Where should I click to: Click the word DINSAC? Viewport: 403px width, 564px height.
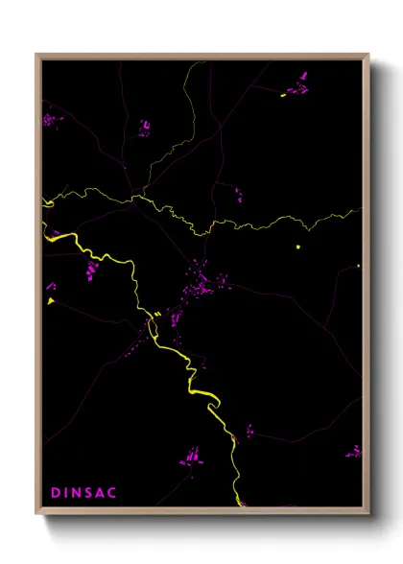(x=83, y=492)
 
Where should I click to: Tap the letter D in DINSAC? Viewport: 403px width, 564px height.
(x=55, y=492)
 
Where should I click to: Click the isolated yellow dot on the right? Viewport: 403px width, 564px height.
(x=298, y=248)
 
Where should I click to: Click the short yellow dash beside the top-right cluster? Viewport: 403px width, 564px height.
(x=283, y=94)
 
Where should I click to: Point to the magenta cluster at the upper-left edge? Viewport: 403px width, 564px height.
(x=49, y=120)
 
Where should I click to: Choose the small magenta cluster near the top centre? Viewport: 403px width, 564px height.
(x=145, y=127)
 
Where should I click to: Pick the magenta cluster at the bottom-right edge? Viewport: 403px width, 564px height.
(x=355, y=450)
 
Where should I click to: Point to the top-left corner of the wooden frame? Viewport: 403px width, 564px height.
(x=36, y=55)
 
